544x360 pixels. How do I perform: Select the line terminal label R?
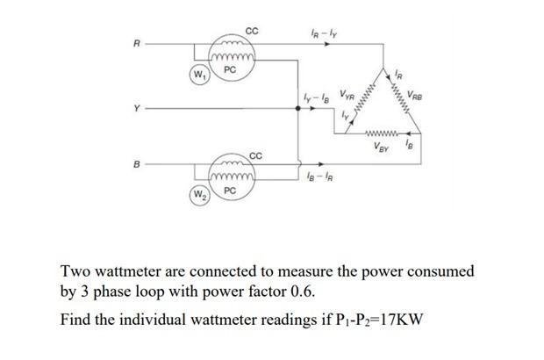tap(136, 42)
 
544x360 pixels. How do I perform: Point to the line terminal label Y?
tap(136, 111)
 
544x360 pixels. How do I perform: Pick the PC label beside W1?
tap(229, 68)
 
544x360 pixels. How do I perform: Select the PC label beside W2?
tap(229, 190)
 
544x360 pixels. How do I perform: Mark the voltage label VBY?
tap(382, 148)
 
